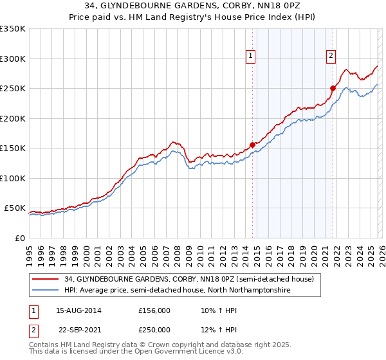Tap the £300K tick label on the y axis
pos(12,59)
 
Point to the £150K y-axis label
pos(12,148)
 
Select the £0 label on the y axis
pos(19,238)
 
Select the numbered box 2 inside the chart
pos(331,57)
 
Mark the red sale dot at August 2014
pos(252,145)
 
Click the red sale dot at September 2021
pos(333,89)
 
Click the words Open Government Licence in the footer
pos(170,352)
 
